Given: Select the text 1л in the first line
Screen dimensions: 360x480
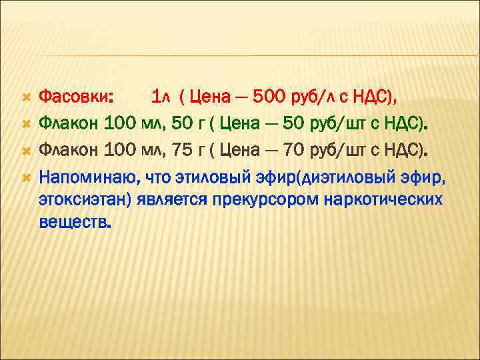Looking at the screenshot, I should pos(161,98).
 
